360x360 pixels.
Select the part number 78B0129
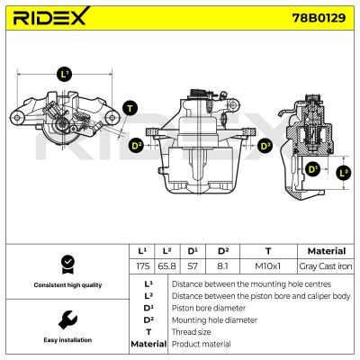pos(319,18)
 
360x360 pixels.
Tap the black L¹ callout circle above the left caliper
pos(65,74)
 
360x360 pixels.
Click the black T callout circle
pos(130,108)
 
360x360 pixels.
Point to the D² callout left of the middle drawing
pos(137,146)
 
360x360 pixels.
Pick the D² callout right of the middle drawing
pos(265,146)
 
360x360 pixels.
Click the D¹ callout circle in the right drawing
pos(312,169)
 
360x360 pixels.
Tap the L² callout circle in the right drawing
pos(343,173)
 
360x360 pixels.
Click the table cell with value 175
pos(142,266)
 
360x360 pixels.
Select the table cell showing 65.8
pos(167,266)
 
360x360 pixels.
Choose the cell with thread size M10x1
pos(268,266)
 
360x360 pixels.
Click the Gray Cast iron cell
pos(326,266)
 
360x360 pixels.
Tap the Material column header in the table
pos(327,251)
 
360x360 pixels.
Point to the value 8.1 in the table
pos(222,266)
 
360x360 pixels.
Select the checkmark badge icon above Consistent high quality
pos(67,265)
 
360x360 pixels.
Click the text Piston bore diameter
pos(209,308)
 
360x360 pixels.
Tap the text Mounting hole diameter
pos(214,320)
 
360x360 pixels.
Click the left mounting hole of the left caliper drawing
pos(17,117)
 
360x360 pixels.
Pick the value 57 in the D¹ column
pos(193,266)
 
